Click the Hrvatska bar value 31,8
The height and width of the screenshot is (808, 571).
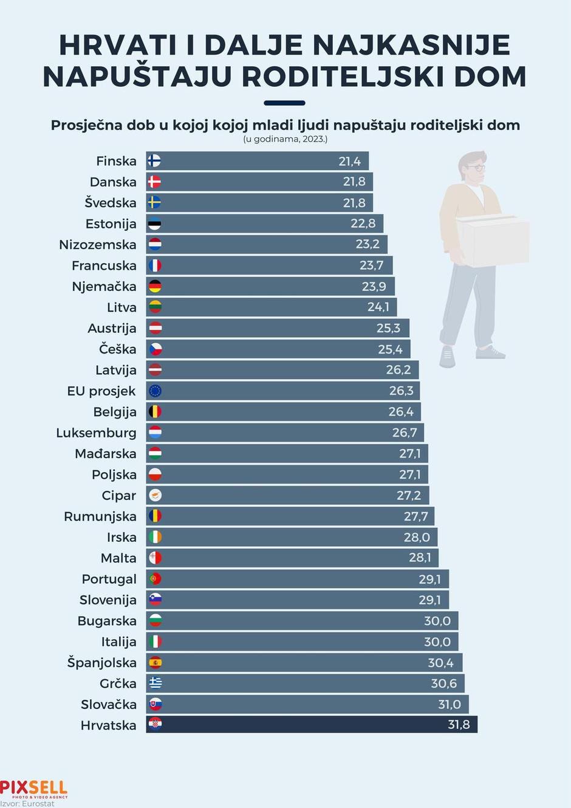(459, 724)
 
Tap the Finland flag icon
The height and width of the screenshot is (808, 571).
(155, 161)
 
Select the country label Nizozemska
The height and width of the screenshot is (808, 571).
(98, 245)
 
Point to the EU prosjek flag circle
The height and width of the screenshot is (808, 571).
(155, 391)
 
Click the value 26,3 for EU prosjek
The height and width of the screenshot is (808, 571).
(401, 391)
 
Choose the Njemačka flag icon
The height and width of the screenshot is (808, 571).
(155, 286)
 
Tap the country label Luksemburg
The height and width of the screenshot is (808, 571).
(96, 433)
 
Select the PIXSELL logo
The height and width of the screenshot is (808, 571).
(34, 789)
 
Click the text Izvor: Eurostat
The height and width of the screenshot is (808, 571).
(27, 803)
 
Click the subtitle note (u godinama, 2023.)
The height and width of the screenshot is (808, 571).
(285, 139)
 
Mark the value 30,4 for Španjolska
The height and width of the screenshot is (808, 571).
(440, 662)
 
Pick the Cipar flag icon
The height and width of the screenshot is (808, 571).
(155, 495)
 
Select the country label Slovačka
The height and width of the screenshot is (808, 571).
(109, 704)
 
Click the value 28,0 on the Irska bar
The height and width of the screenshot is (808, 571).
(417, 537)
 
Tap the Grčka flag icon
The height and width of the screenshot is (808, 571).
(155, 683)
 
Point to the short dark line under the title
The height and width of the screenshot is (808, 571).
(285, 103)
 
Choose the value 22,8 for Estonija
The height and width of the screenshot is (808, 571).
(363, 224)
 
